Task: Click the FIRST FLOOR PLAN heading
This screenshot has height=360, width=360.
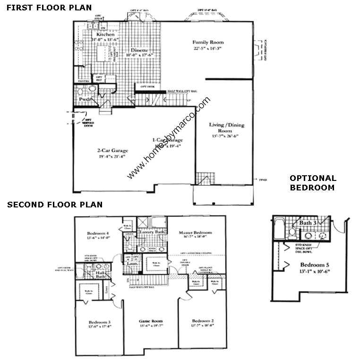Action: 46,8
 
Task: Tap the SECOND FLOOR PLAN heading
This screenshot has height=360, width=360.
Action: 54,205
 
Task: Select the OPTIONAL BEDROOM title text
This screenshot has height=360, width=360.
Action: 313,183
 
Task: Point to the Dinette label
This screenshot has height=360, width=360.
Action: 139,50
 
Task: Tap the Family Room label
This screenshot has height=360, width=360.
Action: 207,42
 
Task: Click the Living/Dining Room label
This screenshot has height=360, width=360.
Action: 227,128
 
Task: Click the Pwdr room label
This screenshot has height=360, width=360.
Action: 85,100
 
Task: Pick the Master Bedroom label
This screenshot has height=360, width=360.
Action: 195,232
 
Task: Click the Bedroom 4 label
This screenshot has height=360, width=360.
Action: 98,233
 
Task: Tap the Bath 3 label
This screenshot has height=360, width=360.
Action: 308,223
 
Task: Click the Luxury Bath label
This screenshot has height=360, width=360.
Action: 152,232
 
